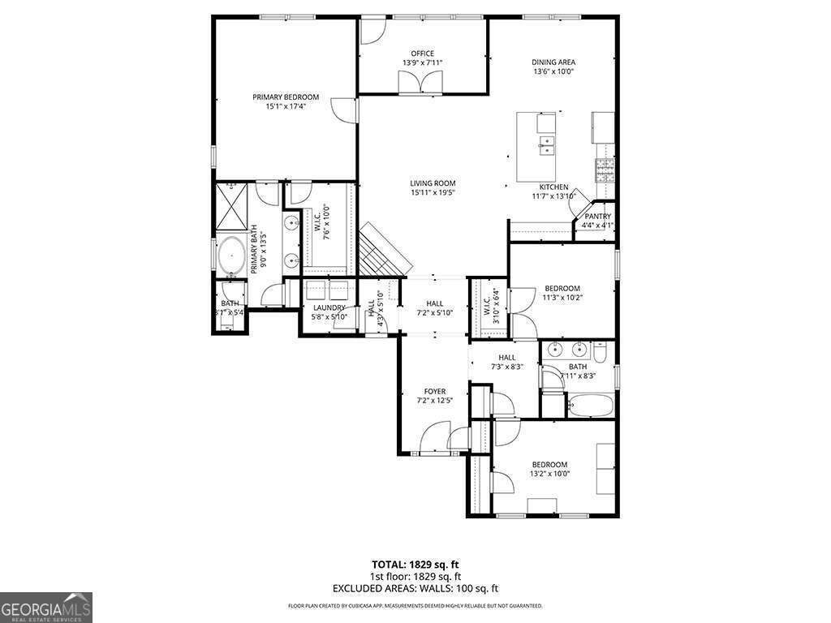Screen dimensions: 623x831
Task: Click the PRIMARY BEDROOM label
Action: tap(285, 97)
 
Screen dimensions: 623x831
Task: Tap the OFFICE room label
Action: tap(422, 54)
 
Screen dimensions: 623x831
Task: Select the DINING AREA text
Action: tap(553, 62)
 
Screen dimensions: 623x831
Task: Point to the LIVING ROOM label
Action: tap(432, 183)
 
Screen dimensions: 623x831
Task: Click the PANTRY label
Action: tap(597, 217)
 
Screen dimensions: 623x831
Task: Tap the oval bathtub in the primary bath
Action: tap(233, 256)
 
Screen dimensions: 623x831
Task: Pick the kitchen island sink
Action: tap(547, 145)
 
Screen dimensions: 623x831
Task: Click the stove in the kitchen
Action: tap(605, 170)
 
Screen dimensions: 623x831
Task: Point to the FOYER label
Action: tap(434, 391)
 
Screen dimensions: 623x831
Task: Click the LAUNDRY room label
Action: tap(329, 307)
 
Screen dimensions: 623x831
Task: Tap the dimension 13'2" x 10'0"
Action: tap(549, 474)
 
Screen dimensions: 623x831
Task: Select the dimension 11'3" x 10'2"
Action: tap(562, 298)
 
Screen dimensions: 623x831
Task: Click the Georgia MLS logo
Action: tap(46, 607)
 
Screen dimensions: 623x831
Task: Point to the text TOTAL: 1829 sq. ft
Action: tap(415, 564)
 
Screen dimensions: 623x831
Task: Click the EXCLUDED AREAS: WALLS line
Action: tap(415, 588)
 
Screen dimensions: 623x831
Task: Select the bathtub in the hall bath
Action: tap(589, 405)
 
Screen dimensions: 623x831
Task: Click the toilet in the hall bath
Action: tap(601, 353)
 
